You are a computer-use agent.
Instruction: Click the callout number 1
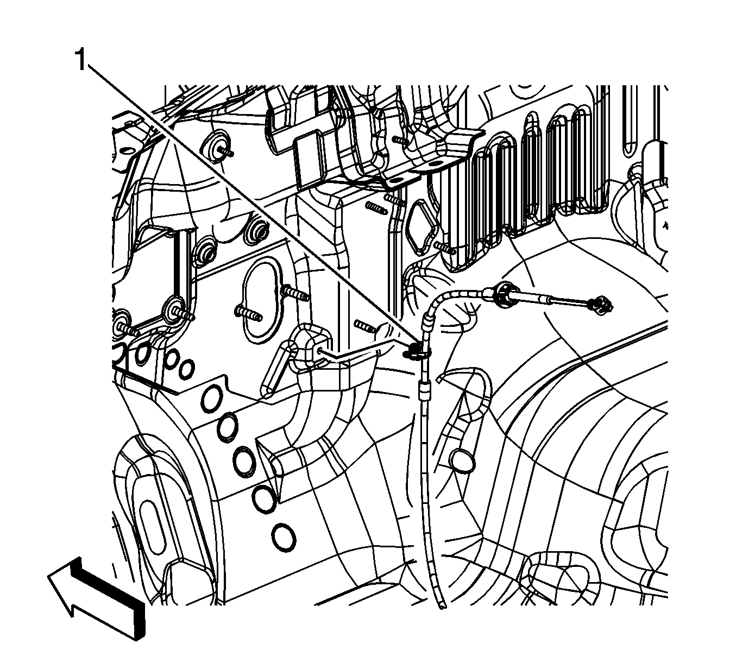(x=81, y=60)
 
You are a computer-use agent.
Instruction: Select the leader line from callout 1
(x=253, y=205)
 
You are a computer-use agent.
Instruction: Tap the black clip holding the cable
(x=414, y=351)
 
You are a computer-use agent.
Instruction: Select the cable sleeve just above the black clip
(x=427, y=323)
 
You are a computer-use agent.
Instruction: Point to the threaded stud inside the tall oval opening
(x=248, y=313)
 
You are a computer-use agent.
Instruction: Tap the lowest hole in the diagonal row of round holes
(x=284, y=537)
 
